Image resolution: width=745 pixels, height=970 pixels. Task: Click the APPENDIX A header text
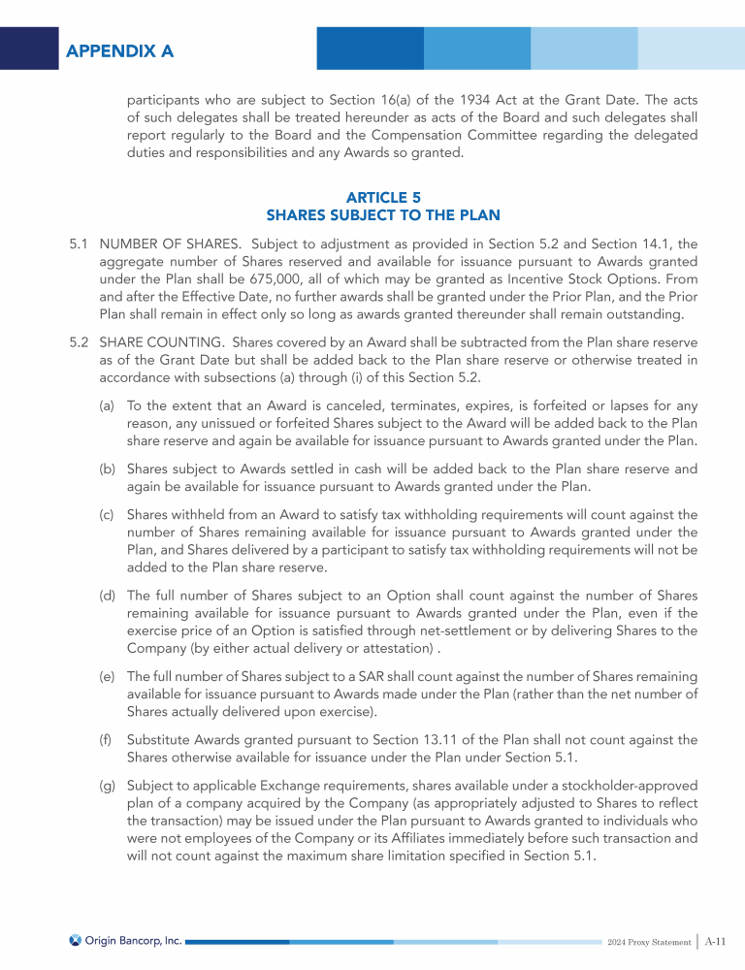tap(119, 51)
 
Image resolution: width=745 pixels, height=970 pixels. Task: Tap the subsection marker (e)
tap(109, 682)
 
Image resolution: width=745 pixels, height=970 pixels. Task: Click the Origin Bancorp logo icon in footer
tap(75, 940)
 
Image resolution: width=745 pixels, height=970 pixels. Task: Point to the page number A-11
tap(716, 941)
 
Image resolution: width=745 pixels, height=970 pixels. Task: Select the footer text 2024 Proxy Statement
tap(648, 942)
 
